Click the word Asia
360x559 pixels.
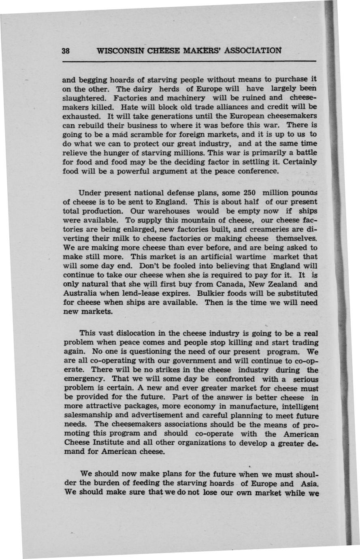[308, 484]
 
